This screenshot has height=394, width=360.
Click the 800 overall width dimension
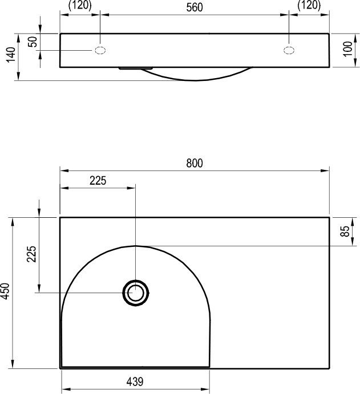pos(195,163)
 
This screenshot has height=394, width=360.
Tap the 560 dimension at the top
pos(195,7)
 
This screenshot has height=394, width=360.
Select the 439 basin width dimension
pos(135,381)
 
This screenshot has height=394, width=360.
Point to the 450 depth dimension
pos(5,291)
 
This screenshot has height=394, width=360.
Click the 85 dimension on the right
pos(345,231)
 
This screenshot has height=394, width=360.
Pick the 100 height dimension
pos(348,49)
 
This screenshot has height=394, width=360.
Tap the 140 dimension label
pos(11,55)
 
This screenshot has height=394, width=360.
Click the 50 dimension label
pos(33,42)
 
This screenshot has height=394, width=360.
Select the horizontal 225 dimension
pos(98,181)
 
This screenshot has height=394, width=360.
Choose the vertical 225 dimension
pos(32,254)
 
